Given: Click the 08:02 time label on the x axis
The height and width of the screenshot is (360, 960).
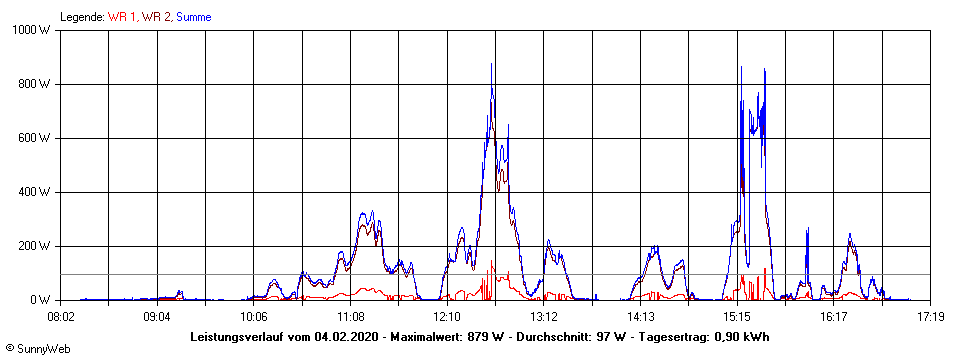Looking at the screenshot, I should tap(61, 316).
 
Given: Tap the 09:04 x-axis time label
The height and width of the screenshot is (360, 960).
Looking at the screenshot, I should tap(157, 316).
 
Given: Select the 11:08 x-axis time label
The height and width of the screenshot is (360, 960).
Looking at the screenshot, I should tap(350, 316).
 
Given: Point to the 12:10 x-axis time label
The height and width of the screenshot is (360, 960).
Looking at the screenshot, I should tap(447, 316).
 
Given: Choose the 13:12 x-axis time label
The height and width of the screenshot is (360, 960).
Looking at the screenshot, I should tap(543, 316).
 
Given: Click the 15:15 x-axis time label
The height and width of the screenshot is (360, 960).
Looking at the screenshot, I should tap(737, 316).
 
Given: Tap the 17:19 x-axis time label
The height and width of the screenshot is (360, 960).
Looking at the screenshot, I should tap(930, 316).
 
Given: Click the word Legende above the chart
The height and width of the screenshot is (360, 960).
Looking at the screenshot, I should tap(81, 17).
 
